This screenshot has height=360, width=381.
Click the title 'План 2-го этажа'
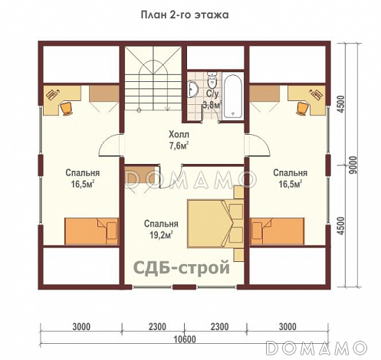185,15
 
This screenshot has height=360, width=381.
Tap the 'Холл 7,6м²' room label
179,140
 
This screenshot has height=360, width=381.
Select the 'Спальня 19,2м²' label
161,229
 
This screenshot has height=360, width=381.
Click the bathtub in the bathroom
232,97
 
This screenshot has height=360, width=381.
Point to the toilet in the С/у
212,79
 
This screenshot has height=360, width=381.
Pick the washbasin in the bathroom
193,89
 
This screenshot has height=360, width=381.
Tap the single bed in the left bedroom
92,231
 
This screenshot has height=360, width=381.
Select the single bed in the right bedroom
278,231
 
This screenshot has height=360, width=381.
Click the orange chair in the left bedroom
67,108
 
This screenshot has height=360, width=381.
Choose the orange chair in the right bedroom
302,108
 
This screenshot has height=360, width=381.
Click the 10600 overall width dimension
185,339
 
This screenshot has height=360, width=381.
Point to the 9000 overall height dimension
353,165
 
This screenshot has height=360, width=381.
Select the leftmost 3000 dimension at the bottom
81,326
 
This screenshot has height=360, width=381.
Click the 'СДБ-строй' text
182,268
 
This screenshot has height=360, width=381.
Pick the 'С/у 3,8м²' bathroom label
212,100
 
